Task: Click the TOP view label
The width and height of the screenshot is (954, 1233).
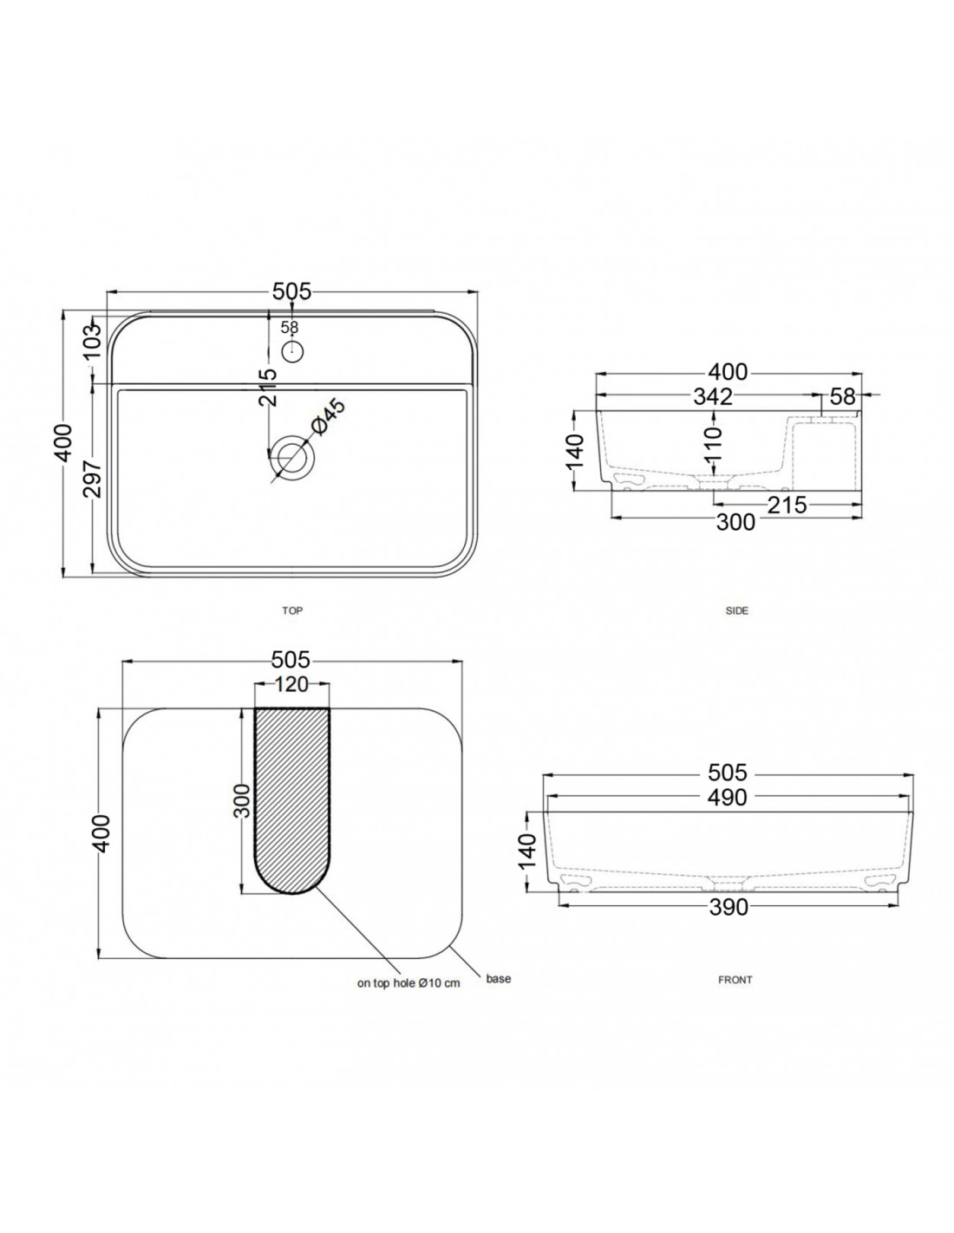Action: click(292, 610)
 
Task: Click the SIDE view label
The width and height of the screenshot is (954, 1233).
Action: click(736, 610)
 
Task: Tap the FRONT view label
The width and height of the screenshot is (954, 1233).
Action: click(735, 979)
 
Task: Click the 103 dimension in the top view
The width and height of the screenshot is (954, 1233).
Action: click(92, 340)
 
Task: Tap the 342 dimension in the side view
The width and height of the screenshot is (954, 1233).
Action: click(713, 396)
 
